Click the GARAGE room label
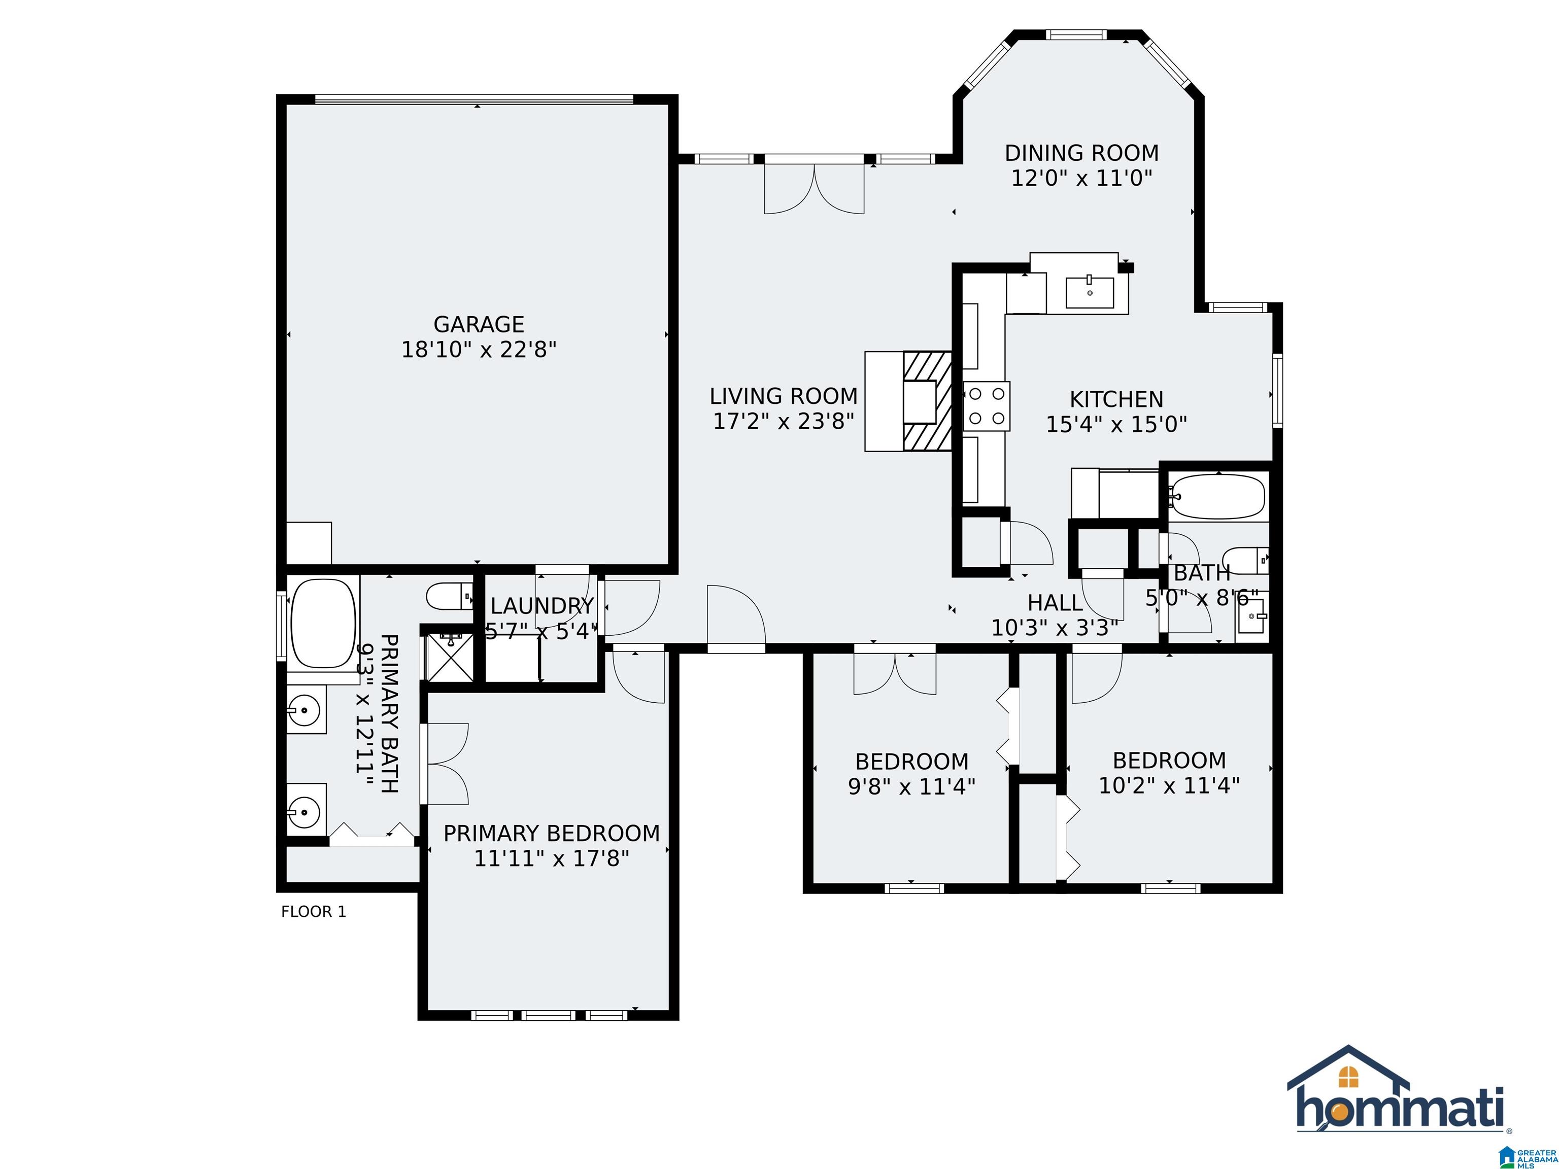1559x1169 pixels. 479,324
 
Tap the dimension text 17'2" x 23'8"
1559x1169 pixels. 784,421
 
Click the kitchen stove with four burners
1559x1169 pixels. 987,406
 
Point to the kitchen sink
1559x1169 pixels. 1090,292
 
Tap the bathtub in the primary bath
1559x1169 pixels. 323,623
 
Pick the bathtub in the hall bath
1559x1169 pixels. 1217,497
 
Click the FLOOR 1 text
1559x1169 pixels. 314,912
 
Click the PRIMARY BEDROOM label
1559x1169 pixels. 552,834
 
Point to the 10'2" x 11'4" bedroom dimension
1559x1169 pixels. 1169,785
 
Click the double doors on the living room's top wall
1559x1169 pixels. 814,185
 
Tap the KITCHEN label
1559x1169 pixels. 1116,399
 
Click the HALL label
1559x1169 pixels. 1055,602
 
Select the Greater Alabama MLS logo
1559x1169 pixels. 1528,1154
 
